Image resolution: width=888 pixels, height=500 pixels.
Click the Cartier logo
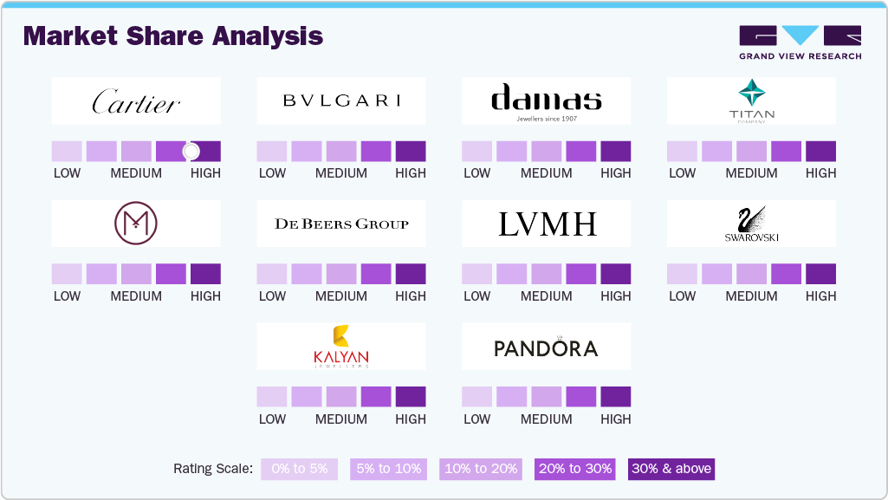click(136, 101)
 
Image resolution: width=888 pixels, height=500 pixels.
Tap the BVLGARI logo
click(341, 101)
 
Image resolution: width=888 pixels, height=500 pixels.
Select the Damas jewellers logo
click(546, 101)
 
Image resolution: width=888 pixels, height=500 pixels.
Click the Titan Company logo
click(751, 100)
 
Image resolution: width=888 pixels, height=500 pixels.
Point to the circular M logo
click(136, 224)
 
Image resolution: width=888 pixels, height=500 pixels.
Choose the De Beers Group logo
click(341, 224)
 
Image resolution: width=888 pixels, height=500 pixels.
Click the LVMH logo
click(546, 224)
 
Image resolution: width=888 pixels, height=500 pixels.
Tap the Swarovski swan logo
click(751, 224)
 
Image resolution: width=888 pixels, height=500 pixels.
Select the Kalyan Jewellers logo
click(341, 346)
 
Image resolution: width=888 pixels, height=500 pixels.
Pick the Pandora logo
click(546, 347)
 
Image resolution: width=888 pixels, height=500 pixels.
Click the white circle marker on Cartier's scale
click(191, 152)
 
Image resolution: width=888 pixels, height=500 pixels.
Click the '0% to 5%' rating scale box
click(300, 469)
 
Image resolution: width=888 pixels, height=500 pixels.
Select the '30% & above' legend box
click(671, 469)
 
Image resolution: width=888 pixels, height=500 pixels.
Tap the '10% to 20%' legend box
click(481, 469)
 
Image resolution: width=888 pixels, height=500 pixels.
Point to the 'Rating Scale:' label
click(213, 469)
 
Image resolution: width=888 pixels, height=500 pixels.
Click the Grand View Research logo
click(800, 42)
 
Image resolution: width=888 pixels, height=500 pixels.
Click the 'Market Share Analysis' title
click(173, 36)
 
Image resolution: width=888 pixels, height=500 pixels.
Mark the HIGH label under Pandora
click(615, 419)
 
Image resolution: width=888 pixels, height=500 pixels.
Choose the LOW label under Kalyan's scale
click(272, 419)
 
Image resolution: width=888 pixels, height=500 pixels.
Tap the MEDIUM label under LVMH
click(546, 296)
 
